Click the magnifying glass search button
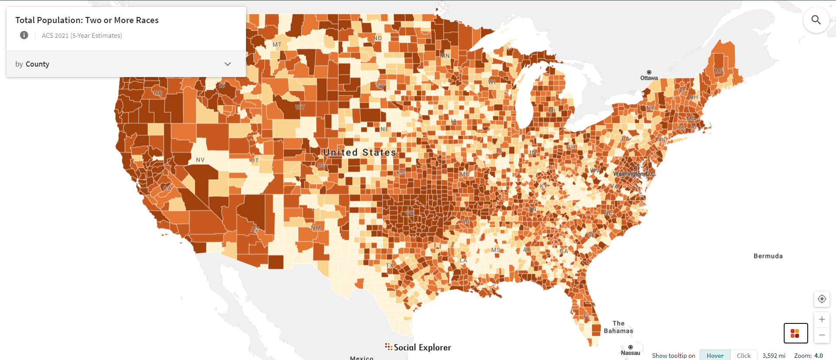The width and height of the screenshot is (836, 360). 816,20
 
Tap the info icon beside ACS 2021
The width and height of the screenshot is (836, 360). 24,35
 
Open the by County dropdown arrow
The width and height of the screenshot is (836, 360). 227,64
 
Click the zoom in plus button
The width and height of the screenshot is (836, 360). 822,320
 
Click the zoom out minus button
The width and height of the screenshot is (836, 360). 822,335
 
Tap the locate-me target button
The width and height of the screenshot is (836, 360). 822,299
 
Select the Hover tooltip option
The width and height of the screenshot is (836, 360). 715,355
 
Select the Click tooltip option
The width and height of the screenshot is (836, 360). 744,355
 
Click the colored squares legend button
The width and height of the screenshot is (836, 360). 796,333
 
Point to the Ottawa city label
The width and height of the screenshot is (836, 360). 649,78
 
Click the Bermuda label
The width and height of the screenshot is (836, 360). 768,256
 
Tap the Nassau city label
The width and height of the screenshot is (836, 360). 630,353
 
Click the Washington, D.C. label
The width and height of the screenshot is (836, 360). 634,174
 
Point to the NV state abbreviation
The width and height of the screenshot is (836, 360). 200,160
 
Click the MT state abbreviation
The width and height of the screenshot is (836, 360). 277,44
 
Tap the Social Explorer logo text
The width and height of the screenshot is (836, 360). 422,347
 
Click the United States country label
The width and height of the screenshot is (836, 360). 360,152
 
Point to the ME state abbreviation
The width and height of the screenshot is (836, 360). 719,71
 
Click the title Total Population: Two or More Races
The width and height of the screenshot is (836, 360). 87,20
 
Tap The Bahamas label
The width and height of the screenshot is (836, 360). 618,327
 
